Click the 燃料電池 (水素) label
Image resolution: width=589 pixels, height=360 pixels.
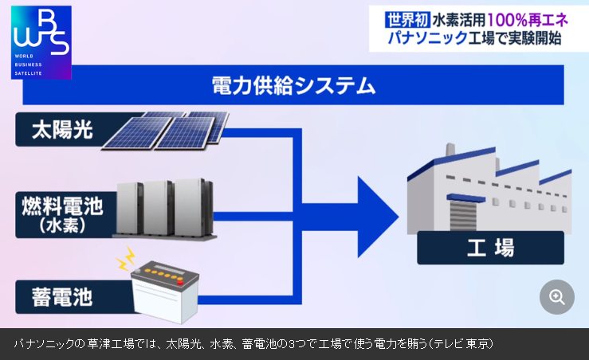[x=62, y=213]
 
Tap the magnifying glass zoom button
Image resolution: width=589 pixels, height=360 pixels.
[x=557, y=297]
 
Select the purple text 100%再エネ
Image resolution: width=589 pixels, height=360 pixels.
[x=530, y=18]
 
